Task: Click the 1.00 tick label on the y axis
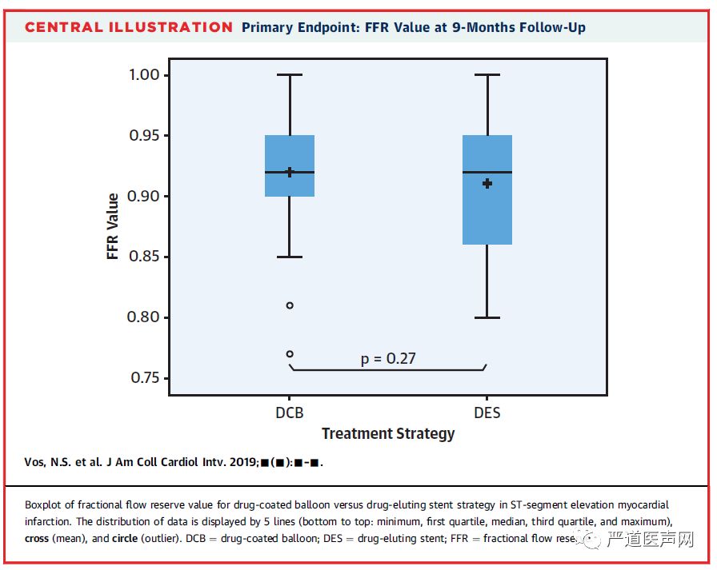[149, 74]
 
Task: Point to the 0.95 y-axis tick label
[149, 135]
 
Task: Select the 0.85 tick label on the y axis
[149, 257]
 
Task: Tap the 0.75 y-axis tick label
[149, 378]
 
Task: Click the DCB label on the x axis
[289, 413]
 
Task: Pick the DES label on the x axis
[487, 413]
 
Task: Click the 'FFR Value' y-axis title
[113, 225]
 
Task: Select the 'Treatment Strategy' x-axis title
[388, 434]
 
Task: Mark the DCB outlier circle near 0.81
[290, 305]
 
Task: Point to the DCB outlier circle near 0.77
[290, 353]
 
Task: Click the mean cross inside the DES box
[487, 184]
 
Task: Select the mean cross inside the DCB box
[290, 172]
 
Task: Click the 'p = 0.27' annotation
[388, 358]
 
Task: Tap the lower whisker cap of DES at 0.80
[487, 317]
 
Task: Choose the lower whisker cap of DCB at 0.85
[290, 257]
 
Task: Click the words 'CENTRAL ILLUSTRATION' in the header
[129, 28]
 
